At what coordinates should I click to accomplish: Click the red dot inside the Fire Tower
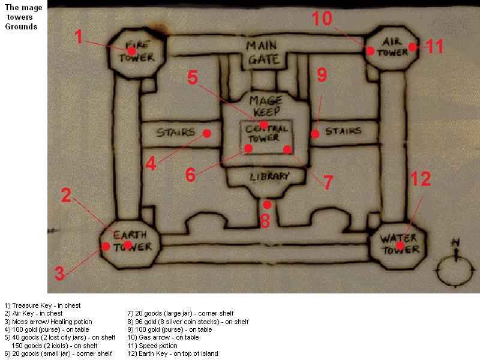(x=131, y=50)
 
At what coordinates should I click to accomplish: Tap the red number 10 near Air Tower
(x=322, y=19)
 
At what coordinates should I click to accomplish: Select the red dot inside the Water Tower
(x=400, y=245)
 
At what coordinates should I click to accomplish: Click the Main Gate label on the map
(x=263, y=52)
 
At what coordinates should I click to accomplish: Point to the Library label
(x=269, y=176)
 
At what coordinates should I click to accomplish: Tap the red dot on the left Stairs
(x=207, y=133)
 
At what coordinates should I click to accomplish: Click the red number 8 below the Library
(x=265, y=220)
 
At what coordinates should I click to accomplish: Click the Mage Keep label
(x=266, y=106)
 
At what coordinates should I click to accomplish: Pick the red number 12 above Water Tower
(x=421, y=179)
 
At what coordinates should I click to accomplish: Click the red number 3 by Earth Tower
(x=59, y=273)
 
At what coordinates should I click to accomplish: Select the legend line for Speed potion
(x=152, y=346)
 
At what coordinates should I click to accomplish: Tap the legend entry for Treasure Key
(x=43, y=305)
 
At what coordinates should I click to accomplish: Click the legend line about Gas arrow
(x=163, y=337)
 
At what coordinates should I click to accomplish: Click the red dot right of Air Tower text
(x=413, y=47)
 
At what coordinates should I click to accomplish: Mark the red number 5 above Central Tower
(x=193, y=77)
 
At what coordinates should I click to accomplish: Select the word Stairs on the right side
(x=343, y=131)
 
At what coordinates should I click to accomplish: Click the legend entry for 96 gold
(x=188, y=322)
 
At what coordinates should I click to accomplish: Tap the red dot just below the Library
(x=267, y=205)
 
